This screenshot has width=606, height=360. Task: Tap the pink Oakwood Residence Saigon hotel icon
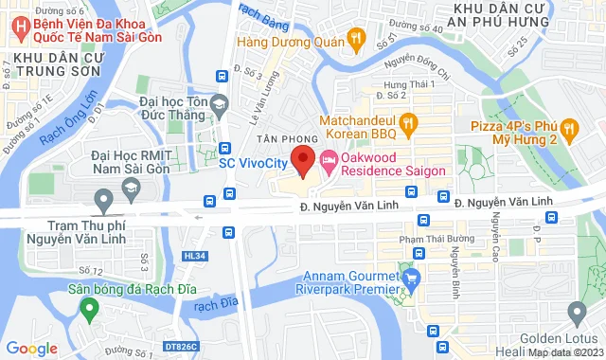(x=329, y=159)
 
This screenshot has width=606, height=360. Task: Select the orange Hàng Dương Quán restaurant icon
(x=357, y=39)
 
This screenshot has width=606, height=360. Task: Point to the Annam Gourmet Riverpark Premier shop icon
(x=412, y=279)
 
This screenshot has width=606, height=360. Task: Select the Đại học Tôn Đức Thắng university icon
(x=220, y=103)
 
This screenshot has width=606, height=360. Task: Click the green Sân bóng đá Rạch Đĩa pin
(x=90, y=308)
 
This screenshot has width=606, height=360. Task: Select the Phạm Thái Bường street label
(x=437, y=239)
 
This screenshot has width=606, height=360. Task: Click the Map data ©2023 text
(x=565, y=351)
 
